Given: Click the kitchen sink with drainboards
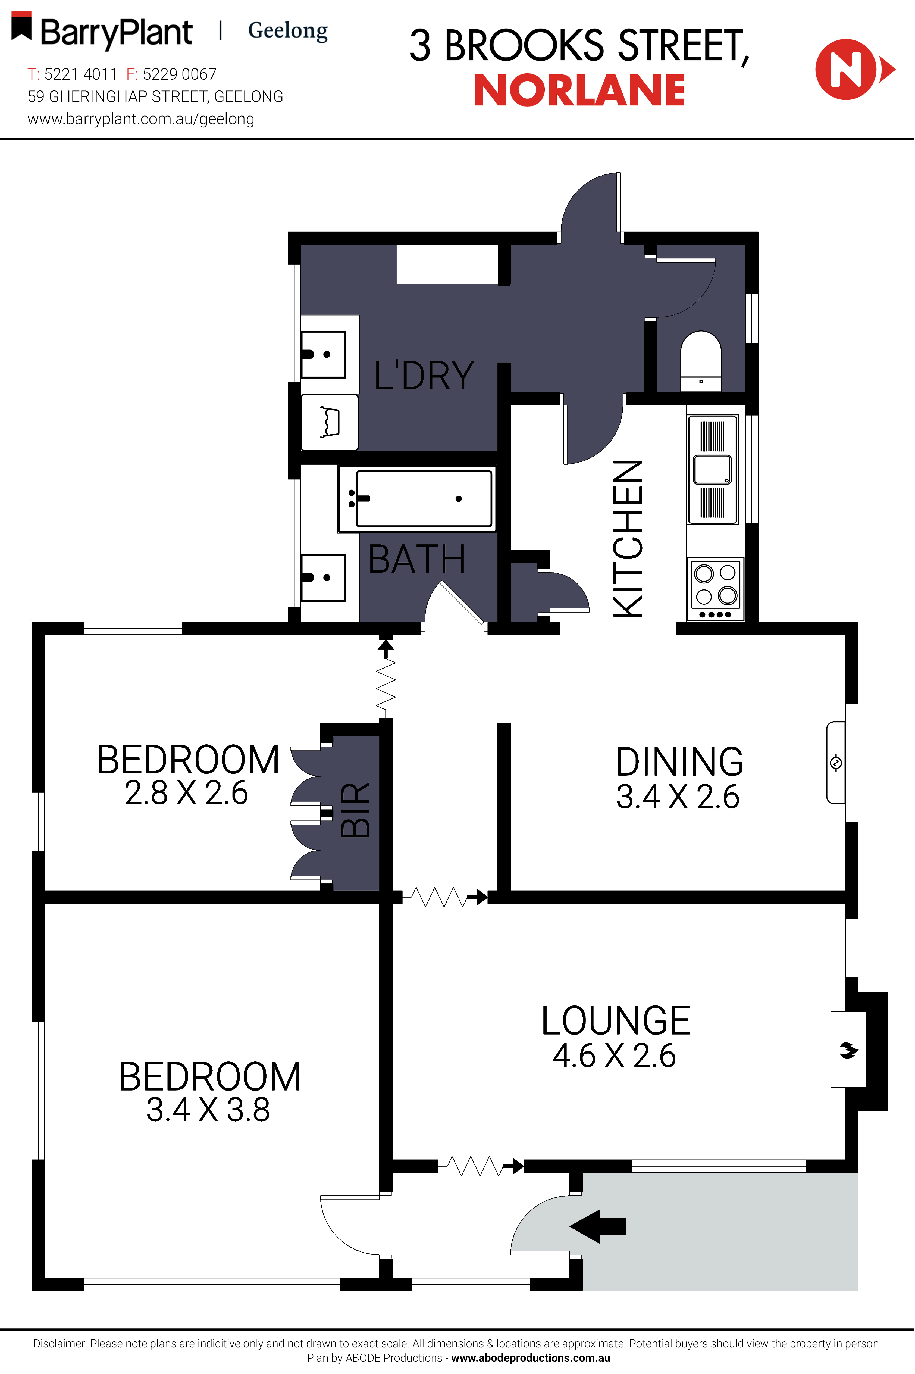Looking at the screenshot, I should (x=713, y=469).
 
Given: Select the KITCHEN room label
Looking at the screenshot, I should (x=628, y=538).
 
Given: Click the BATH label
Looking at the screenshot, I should (x=417, y=559).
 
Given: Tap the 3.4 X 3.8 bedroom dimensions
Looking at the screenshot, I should (x=208, y=1110).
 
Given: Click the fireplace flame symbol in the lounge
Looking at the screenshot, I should (x=848, y=1051).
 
